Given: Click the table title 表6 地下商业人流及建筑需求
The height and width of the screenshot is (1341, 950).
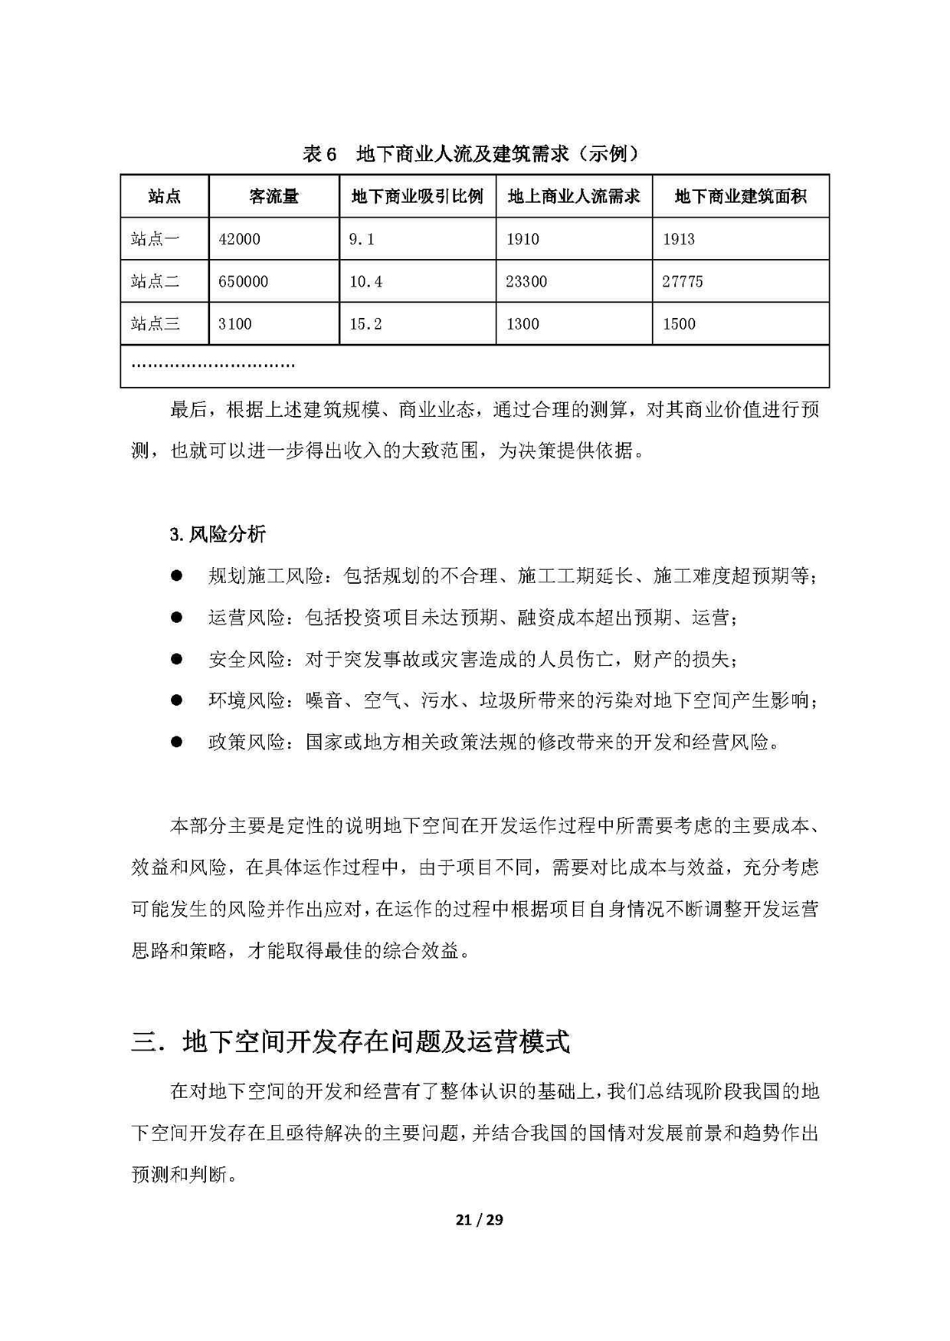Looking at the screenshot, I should coord(471,154).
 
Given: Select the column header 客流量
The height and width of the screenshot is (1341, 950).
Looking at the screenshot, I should coord(274,196).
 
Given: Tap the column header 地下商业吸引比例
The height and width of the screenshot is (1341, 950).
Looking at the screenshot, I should coord(418,196).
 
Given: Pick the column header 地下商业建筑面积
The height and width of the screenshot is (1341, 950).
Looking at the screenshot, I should coord(740,196).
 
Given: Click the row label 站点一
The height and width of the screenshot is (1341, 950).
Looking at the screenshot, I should coord(155,239).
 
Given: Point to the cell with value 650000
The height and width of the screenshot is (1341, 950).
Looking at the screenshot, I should coord(243,282).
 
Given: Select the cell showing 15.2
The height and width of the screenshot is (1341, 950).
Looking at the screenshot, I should coord(365,324).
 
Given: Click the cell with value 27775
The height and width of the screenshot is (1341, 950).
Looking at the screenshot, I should coord(682,282).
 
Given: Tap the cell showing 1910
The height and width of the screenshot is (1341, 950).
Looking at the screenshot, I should coord(522,239).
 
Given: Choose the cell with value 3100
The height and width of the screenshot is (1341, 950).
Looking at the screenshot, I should coord(234,324).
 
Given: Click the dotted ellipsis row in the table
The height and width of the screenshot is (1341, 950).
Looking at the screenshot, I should coord(213,366).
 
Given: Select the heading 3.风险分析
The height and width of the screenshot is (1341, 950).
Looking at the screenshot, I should coord(218,534).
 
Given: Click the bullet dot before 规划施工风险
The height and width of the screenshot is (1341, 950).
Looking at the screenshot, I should coord(177,575).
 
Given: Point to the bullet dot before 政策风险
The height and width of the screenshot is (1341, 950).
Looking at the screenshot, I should coord(177,742).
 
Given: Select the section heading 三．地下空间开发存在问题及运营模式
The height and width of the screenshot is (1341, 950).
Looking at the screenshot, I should coord(351,1042).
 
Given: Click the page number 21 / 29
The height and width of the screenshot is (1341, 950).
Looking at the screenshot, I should coord(479,1220).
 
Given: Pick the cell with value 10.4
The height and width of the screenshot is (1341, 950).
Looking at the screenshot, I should coord(365,282).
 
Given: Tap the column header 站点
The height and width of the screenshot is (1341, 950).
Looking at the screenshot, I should coord(164,196).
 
